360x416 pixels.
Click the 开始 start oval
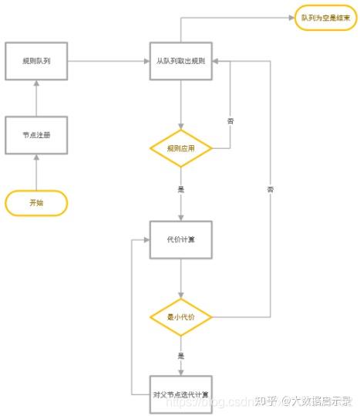36,203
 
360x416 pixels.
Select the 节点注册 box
36,135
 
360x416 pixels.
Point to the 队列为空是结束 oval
326,18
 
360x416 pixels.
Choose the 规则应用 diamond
180,148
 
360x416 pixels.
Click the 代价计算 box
180,239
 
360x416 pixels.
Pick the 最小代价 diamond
180,316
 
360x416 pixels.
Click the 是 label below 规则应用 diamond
181,188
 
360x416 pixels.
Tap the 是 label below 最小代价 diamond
181,356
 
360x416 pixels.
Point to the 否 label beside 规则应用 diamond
230,121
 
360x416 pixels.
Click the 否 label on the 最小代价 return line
270,189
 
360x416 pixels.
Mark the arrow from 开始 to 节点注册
36,171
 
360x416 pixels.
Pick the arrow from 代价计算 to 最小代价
180,278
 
